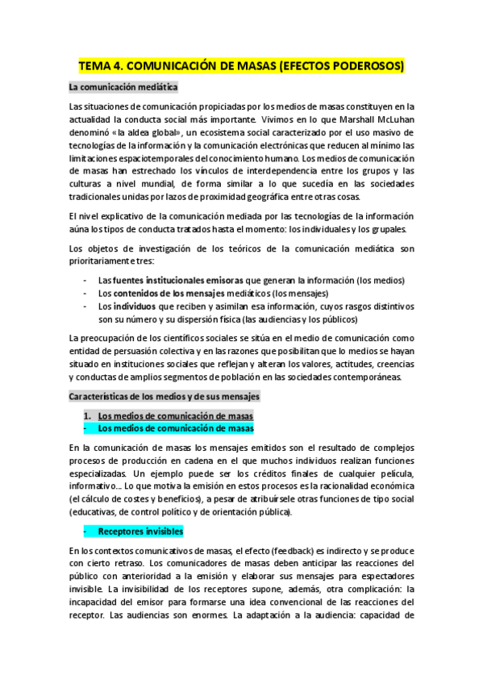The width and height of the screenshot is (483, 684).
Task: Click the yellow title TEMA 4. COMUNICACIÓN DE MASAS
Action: (x=242, y=65)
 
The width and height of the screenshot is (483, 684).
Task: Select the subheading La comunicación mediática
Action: (x=123, y=87)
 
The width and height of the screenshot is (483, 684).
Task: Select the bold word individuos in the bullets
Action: (x=134, y=307)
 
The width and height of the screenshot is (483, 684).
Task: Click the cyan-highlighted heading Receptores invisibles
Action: (x=140, y=532)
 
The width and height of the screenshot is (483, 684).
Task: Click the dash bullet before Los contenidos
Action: (x=85, y=293)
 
